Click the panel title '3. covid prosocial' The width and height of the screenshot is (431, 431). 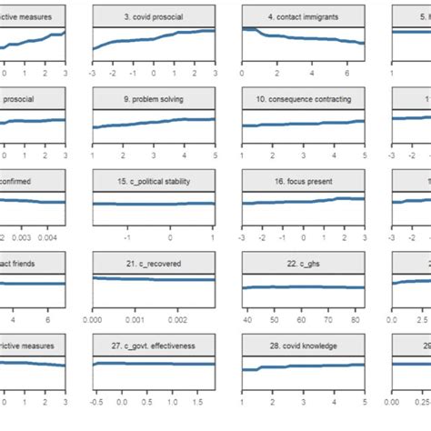click(154, 16)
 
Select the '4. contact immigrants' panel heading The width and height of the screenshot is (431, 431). click(303, 16)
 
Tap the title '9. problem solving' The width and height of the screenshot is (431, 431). click(154, 97)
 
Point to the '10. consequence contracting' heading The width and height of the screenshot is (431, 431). click(303, 97)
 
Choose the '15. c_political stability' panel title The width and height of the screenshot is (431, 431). click(154, 182)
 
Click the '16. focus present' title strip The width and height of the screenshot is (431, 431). click(303, 182)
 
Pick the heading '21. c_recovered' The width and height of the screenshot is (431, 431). click(154, 264)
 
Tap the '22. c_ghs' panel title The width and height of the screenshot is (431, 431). click(303, 264)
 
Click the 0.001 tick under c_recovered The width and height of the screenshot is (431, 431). click(134, 320)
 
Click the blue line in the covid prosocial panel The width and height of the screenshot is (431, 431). click(155, 38)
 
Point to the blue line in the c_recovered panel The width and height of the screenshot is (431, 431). click(155, 280)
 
